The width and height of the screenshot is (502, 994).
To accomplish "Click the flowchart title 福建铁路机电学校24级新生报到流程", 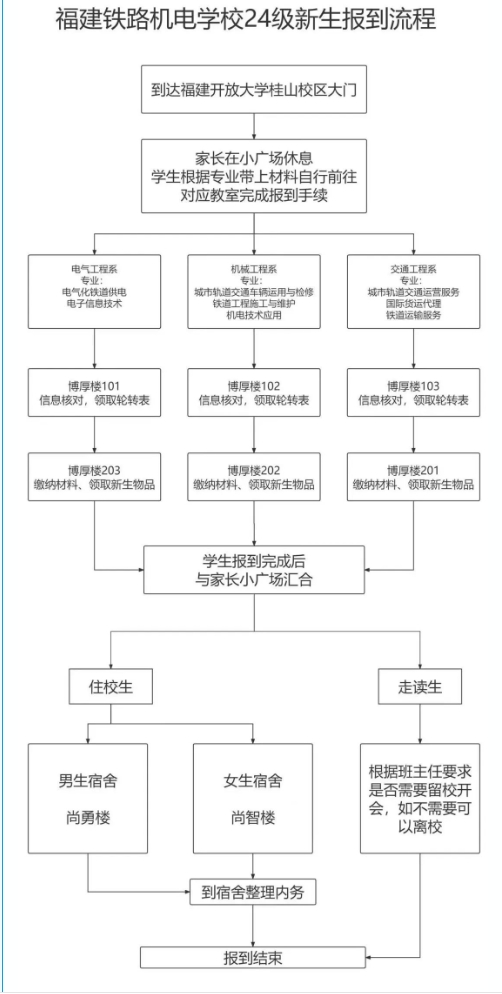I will pos(251,22).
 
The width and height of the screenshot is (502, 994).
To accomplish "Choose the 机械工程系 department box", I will pos(253,291).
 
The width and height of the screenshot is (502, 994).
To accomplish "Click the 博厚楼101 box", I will pos(94,393).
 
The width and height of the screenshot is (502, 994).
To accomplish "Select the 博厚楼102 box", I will pos(253,393).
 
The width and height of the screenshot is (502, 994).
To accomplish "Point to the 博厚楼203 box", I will pos(94,477).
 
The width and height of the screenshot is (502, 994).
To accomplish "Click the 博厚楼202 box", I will pos(253,477).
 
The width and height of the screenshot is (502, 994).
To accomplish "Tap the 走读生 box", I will pos(413,687).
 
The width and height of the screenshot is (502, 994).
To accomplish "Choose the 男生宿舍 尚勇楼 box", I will pos(88,797).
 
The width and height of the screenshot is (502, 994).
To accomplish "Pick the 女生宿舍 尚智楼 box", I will pos(253,797).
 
